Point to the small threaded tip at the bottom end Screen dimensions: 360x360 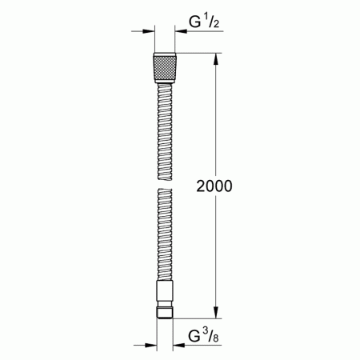click(164, 310)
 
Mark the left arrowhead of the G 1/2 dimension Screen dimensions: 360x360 click(147, 34)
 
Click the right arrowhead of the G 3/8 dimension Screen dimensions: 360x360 click(178, 346)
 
